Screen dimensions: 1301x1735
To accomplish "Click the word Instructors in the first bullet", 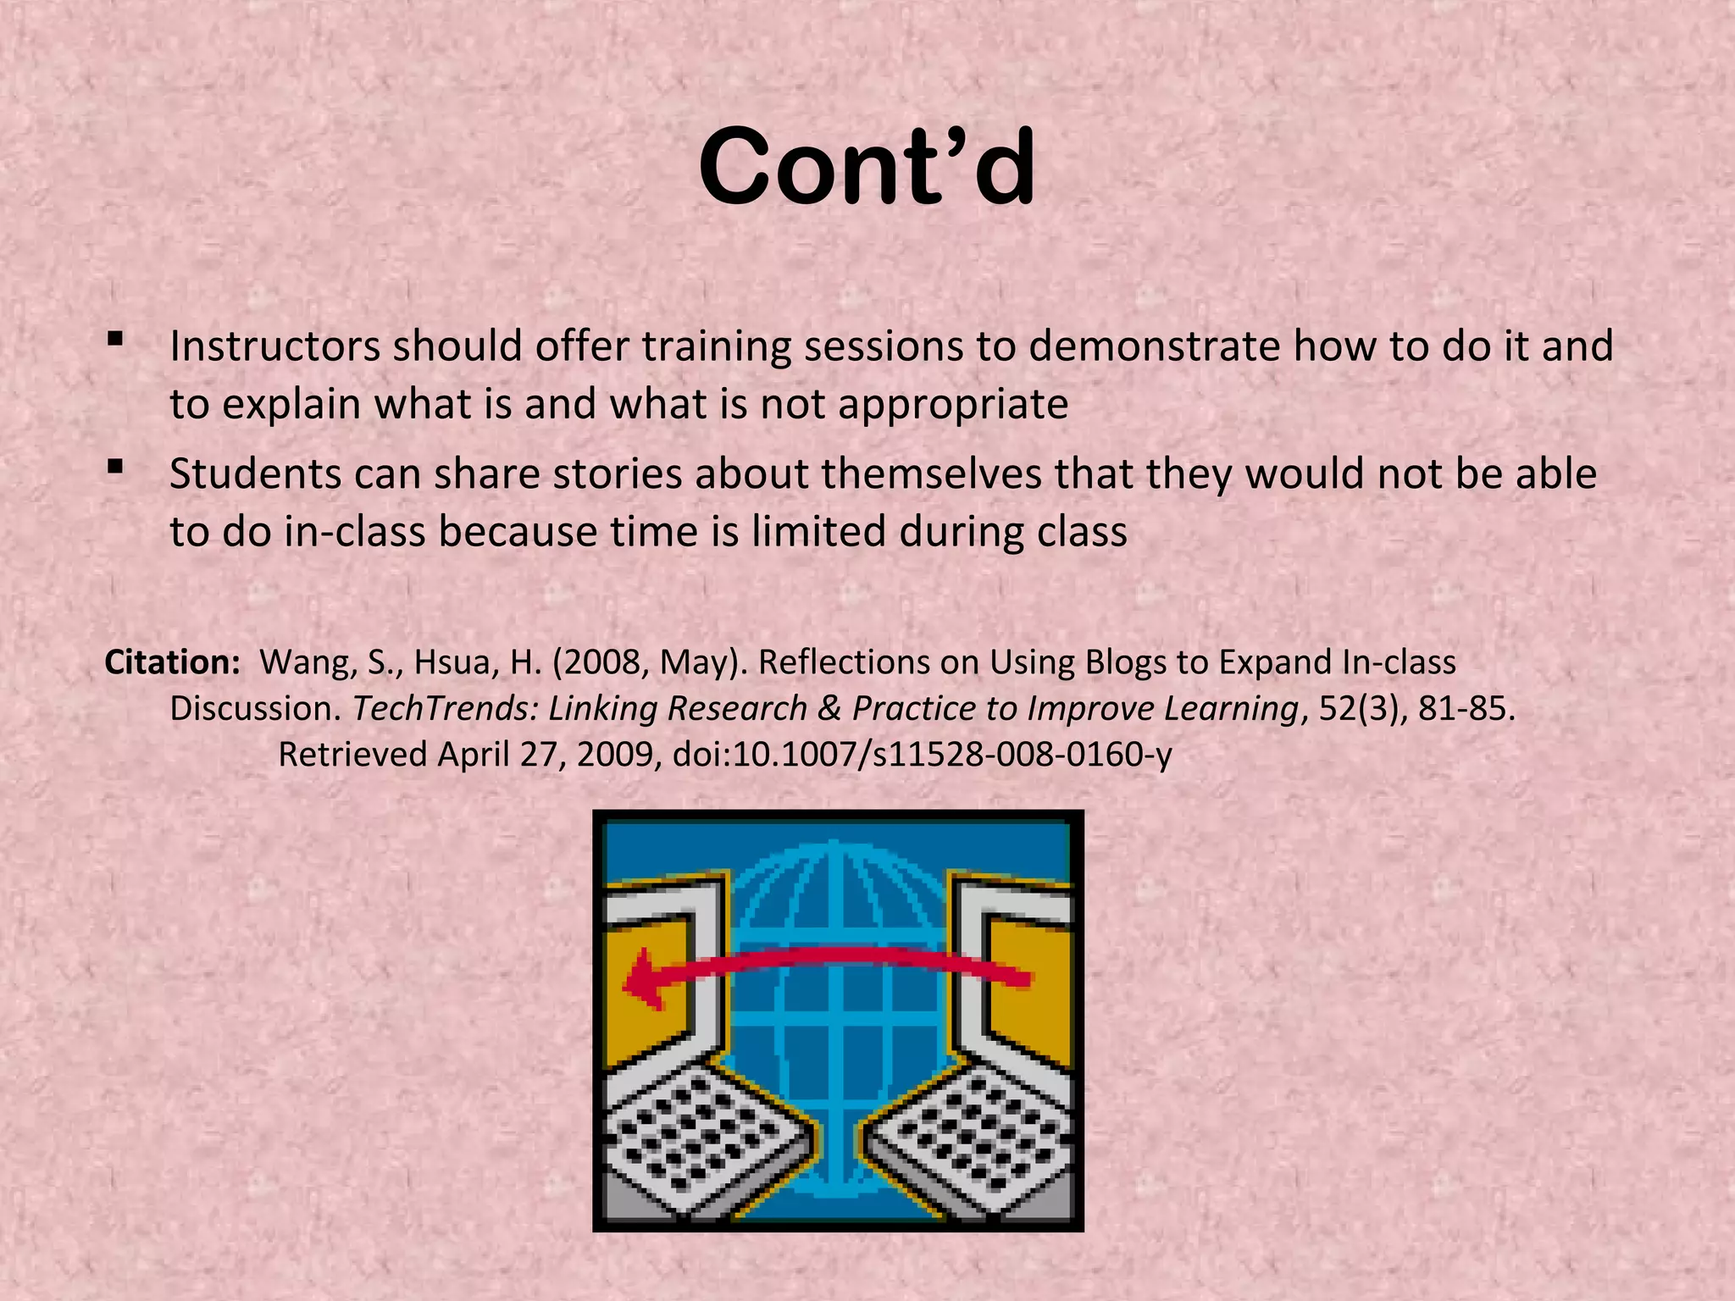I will click(x=274, y=346).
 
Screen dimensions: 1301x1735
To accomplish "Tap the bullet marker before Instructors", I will click(x=115, y=340).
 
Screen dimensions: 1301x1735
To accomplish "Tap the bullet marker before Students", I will click(x=115, y=468).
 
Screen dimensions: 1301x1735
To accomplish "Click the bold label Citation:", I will click(x=173, y=662).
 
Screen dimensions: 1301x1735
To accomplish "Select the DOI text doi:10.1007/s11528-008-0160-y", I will click(x=923, y=754).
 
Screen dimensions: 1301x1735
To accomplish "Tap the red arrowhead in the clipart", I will click(x=644, y=980).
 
